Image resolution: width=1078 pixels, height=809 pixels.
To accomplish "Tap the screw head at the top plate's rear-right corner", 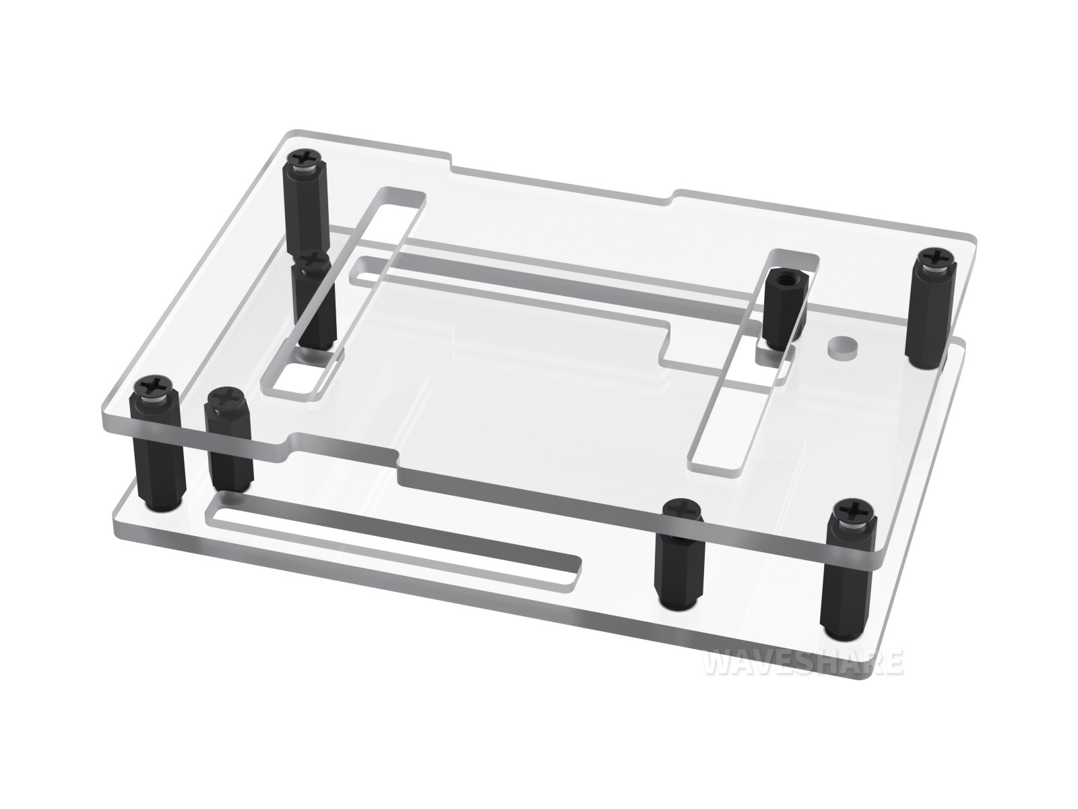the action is (x=930, y=258).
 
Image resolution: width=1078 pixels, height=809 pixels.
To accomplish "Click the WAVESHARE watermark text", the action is (x=804, y=663).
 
